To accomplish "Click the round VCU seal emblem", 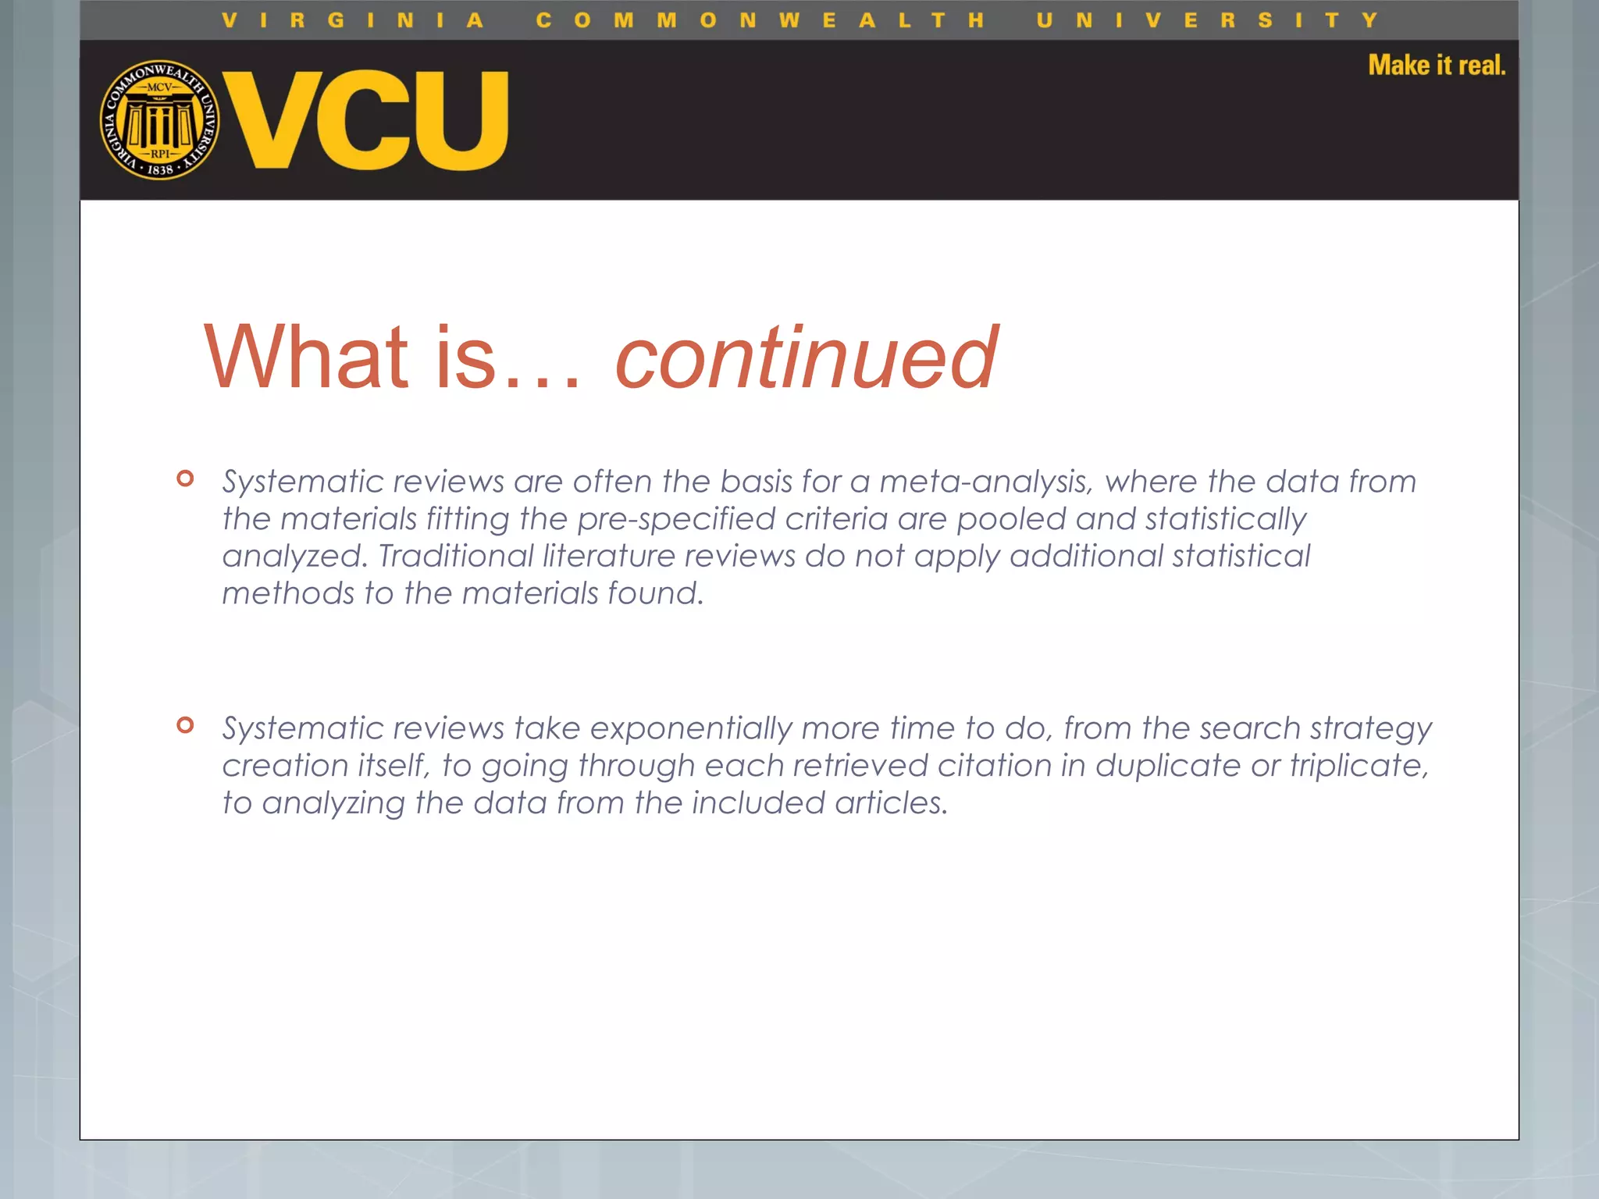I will (x=160, y=120).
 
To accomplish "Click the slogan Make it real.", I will (x=1436, y=65).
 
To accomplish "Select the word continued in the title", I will (x=806, y=358).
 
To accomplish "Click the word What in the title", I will (x=305, y=358).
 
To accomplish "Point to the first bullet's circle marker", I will (x=185, y=479).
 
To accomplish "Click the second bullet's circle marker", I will (x=185, y=725).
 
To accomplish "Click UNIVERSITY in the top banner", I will (x=1207, y=20).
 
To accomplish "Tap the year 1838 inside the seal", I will (x=160, y=169).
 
